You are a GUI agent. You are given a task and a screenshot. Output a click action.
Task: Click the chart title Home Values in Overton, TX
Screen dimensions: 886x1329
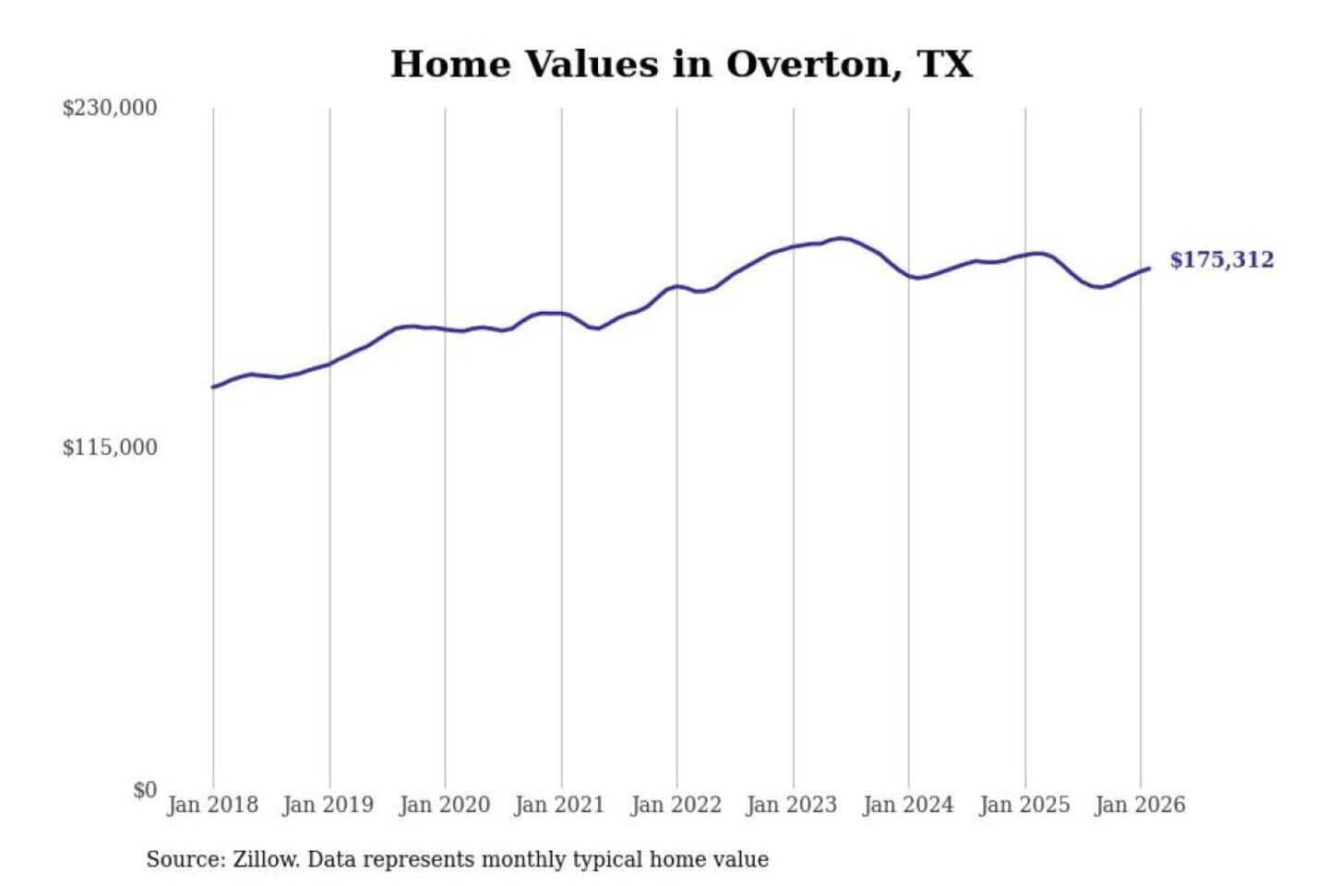pos(681,64)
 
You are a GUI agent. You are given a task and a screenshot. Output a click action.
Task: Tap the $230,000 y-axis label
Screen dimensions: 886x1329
pos(110,108)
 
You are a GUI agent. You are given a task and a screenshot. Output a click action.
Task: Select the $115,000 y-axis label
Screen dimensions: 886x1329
pos(110,448)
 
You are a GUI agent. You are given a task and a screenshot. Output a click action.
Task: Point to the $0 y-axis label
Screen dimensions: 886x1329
pos(145,790)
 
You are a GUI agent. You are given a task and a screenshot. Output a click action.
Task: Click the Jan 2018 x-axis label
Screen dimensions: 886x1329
pos(212,805)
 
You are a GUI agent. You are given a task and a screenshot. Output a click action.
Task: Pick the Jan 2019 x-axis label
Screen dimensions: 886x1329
pos(329,805)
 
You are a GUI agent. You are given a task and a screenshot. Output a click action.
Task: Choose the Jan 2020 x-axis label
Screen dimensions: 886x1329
pos(444,805)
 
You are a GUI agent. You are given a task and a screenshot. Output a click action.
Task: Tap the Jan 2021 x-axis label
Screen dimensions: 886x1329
pos(559,805)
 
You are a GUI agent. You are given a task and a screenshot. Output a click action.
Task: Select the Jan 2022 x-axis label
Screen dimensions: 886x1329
pos(676,805)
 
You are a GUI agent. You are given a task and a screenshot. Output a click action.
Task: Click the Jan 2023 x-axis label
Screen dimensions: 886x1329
pos(791,805)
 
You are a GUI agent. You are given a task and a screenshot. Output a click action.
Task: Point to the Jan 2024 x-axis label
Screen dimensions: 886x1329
pos(907,805)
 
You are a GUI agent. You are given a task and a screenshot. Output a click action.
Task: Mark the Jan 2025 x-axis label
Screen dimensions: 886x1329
pos(1024,805)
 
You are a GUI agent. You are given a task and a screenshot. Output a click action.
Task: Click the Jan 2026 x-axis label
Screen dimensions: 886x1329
pos(1139,805)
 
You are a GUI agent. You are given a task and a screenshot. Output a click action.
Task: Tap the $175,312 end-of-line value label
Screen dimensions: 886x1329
pos(1221,260)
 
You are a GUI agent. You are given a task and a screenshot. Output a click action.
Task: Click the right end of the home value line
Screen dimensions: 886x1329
pos(1149,269)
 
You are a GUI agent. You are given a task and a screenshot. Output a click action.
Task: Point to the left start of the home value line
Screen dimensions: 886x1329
pos(213,387)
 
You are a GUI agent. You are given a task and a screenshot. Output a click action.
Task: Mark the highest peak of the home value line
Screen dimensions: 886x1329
pos(841,238)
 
